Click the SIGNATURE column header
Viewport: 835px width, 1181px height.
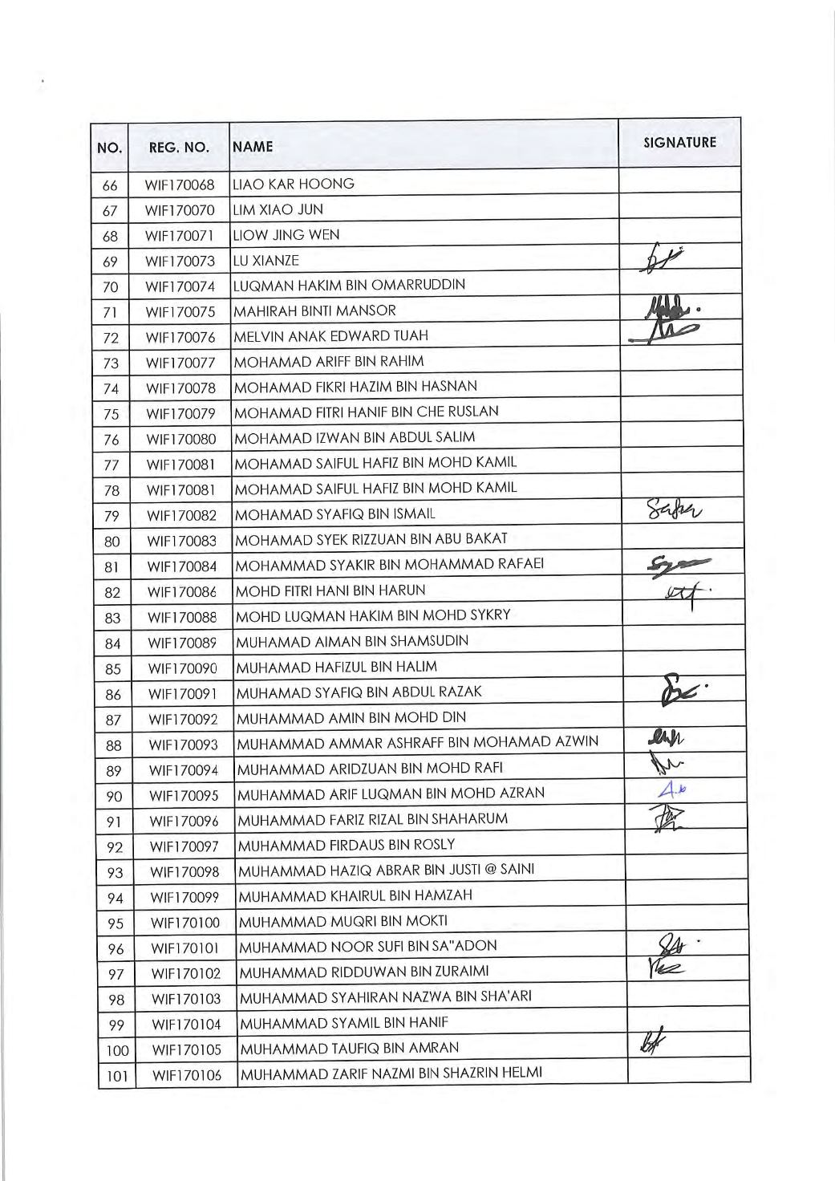point(679,143)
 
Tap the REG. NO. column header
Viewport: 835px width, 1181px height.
point(179,148)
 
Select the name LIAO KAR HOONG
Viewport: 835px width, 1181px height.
point(293,184)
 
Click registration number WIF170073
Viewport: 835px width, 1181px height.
point(180,261)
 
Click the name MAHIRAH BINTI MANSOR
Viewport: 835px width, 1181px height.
point(314,310)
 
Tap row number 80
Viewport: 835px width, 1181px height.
point(111,542)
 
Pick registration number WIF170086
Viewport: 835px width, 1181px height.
point(181,592)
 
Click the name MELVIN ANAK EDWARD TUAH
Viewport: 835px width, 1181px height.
point(330,335)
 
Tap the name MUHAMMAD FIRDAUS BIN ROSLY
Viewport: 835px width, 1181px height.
point(347,844)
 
